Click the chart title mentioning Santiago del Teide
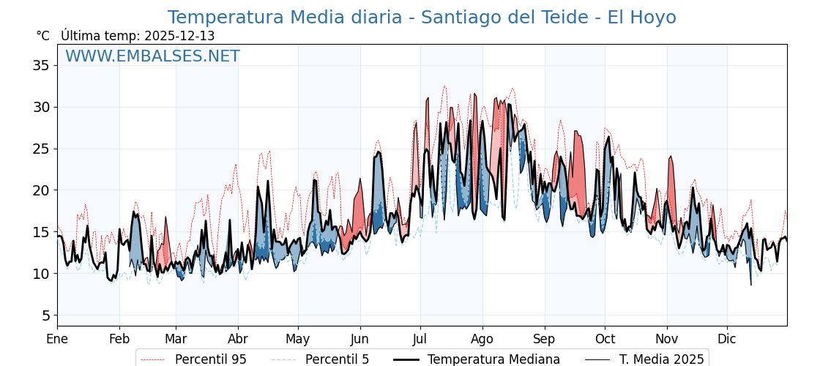click(422, 18)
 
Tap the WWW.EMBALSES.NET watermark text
click(152, 56)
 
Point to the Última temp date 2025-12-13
click(179, 36)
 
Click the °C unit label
click(42, 36)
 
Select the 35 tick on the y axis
click(41, 66)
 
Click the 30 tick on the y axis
click(41, 108)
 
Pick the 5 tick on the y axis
click(45, 315)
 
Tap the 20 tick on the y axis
click(41, 190)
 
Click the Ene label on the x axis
click(57, 340)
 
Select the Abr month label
click(238, 340)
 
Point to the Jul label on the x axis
click(420, 340)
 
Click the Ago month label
click(482, 340)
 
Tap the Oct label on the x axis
click(605, 340)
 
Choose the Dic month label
click(727, 340)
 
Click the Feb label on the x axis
click(119, 340)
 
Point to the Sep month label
click(545, 340)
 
